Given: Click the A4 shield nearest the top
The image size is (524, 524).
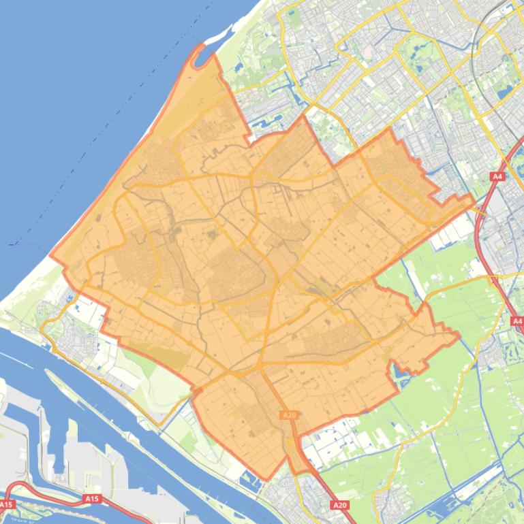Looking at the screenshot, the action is click(497, 177).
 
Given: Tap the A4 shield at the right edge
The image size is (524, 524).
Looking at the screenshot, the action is click(517, 321).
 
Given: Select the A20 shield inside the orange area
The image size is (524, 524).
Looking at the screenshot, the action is click(288, 415).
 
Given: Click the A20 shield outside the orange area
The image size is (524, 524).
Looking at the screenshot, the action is click(340, 505).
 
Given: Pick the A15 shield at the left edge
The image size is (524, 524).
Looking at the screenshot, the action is click(6, 504).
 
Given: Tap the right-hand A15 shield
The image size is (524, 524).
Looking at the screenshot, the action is click(92, 499).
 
